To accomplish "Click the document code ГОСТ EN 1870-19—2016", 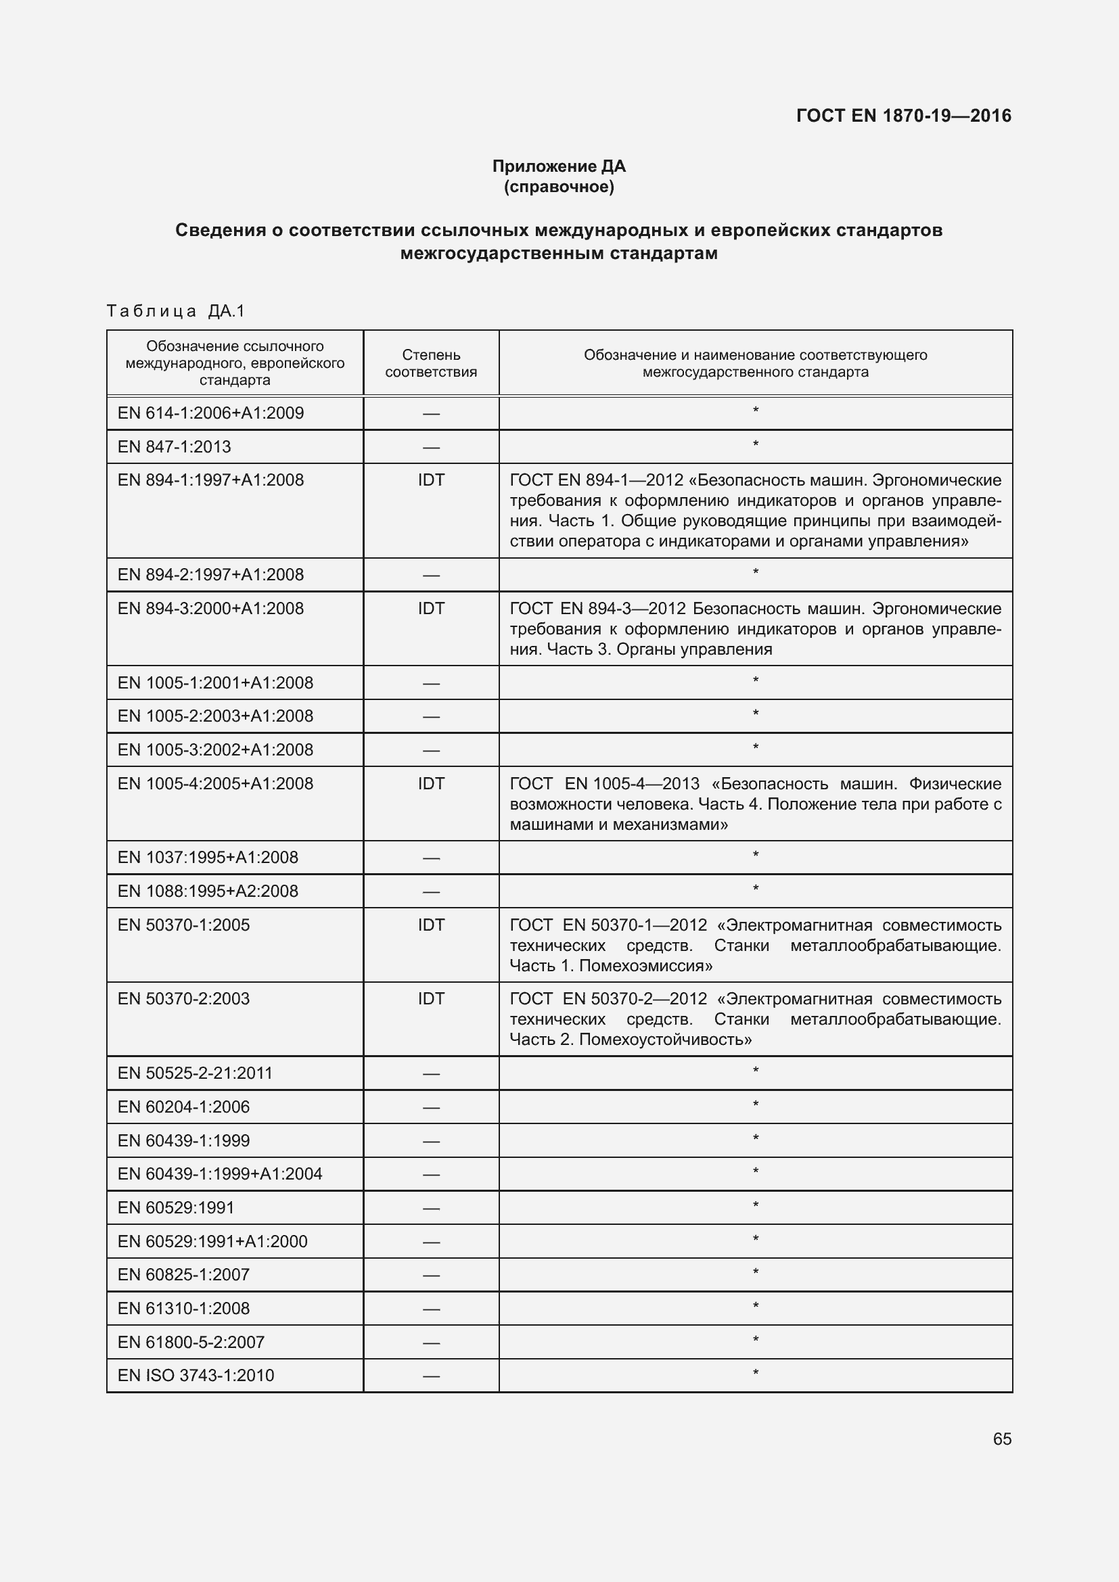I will pos(903,116).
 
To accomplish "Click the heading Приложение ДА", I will pos(559,166).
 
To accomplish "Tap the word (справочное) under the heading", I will pos(559,187).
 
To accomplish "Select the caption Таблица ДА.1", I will pos(177,311).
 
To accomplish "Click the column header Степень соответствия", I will pos(431,363).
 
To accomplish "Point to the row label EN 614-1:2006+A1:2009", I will pos(211,413).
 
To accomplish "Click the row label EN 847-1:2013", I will pos(175,446).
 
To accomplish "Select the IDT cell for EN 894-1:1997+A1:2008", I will pos(431,480).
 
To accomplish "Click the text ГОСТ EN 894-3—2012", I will pos(597,609).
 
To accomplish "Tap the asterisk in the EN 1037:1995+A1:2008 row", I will pos(755,855).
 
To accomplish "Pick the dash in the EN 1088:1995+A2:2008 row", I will pos(431,891).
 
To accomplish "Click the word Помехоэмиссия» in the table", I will pos(645,965).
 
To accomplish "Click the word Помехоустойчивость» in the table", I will pos(665,1039).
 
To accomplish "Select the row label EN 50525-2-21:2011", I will pos(195,1073).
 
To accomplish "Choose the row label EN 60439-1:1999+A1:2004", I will pos(220,1173).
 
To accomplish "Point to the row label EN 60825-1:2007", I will pos(183,1274).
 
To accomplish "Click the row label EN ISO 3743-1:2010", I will pos(196,1375).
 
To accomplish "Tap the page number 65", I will pos(1002,1439).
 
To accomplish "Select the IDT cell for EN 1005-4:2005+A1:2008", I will pos(431,783).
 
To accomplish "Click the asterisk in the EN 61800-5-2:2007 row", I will pos(755,1339).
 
